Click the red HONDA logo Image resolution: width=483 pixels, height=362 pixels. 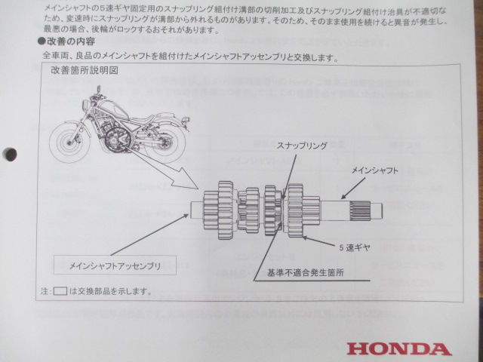point(399,348)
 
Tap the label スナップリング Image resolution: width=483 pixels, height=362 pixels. point(302,143)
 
